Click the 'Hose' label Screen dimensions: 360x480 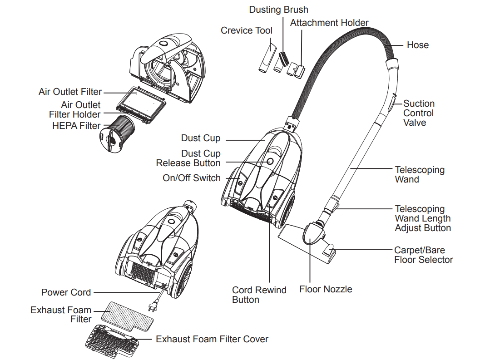[x=417, y=45]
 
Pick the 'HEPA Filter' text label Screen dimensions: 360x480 [x=76, y=126]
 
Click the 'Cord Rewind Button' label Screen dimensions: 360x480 [x=259, y=295]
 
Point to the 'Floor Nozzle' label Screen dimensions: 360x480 [x=326, y=289]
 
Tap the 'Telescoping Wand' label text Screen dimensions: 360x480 [x=419, y=174]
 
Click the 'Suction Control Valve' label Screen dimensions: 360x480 [x=419, y=113]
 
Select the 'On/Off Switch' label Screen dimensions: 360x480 [x=191, y=178]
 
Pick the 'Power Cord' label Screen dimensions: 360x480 [x=66, y=292]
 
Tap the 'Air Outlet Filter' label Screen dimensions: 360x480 [x=70, y=92]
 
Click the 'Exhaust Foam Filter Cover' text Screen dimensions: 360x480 [x=212, y=339]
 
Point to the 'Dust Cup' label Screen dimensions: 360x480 [x=200, y=138]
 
